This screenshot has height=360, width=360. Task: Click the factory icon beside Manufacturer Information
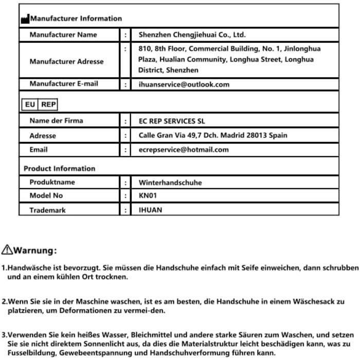[25, 19]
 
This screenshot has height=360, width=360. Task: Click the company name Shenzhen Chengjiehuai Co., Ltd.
[192, 35]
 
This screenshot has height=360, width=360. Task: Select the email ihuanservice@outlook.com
[184, 84]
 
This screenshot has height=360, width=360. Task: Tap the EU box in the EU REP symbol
[30, 104]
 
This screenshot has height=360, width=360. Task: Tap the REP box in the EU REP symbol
[48, 104]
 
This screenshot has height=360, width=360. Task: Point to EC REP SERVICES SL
[175, 121]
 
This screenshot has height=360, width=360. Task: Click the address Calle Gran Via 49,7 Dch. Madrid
[213, 136]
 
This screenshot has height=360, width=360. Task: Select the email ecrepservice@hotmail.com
[184, 150]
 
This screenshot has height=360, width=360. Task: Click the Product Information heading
[60, 168]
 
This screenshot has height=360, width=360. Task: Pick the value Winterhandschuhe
[170, 183]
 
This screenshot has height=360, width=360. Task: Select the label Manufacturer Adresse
[66, 62]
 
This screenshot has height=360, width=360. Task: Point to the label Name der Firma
[56, 121]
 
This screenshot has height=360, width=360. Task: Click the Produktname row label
[52, 183]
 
